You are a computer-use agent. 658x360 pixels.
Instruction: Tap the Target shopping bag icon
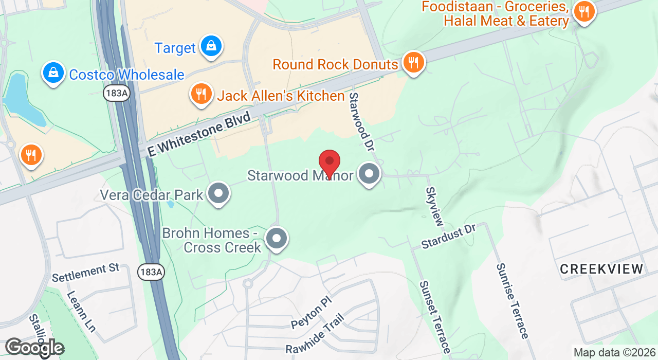click(211, 46)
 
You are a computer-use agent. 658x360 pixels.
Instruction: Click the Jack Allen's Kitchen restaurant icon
click(202, 94)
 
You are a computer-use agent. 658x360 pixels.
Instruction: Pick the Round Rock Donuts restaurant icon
click(413, 63)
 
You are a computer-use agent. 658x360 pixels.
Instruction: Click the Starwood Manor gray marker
click(369, 174)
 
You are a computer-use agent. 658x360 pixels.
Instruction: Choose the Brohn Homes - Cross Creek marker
click(277, 238)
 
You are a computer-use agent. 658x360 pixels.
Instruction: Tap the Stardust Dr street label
click(449, 237)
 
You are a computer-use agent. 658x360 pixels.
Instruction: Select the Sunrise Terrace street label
click(512, 301)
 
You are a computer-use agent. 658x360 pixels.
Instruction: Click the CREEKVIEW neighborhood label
click(601, 269)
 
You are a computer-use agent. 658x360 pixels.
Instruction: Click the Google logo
click(34, 348)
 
